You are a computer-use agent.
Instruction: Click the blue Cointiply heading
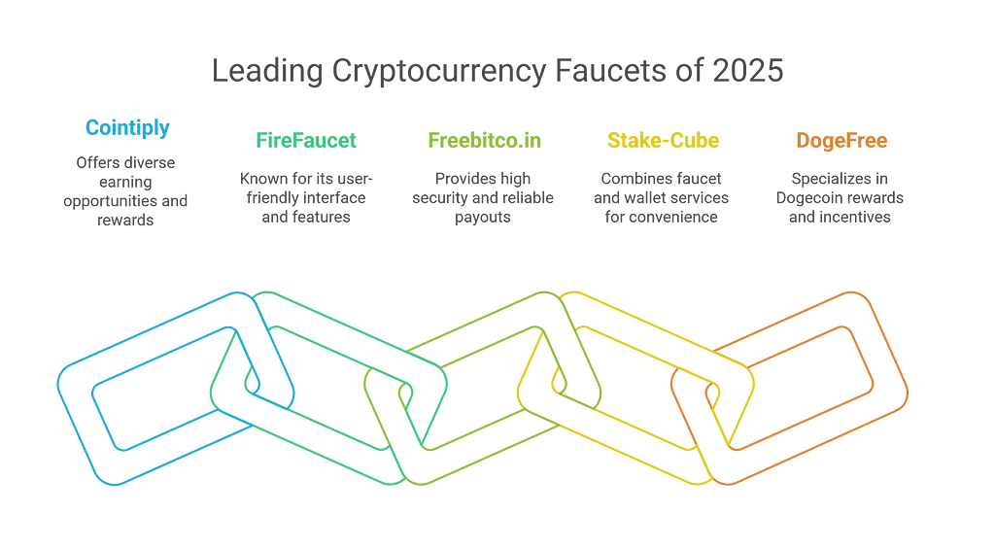click(128, 126)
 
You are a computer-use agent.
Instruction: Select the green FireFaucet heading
click(307, 140)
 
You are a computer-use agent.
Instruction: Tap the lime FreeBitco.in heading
click(485, 140)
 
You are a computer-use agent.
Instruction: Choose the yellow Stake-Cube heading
click(663, 140)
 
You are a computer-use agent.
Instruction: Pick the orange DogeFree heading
click(841, 140)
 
